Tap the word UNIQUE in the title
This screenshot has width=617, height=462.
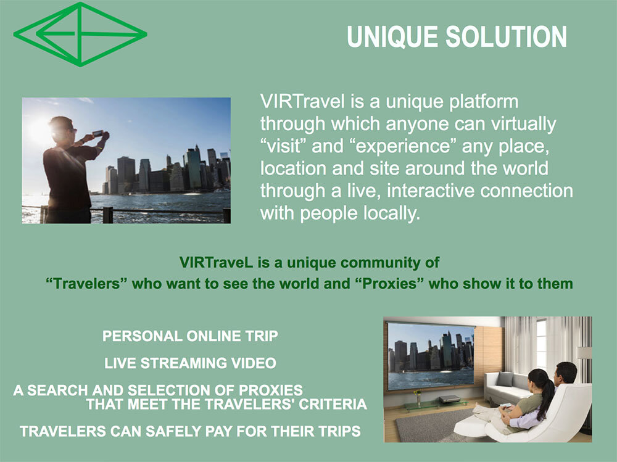(392, 38)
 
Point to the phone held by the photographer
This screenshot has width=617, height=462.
(97, 133)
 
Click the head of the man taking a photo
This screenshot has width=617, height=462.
(61, 128)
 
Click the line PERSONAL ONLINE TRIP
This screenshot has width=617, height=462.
(190, 336)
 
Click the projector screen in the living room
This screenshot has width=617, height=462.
(431, 356)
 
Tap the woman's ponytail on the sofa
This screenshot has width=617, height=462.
(546, 394)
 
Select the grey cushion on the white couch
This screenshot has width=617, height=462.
(505, 379)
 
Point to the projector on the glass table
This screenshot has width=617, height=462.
(449, 399)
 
